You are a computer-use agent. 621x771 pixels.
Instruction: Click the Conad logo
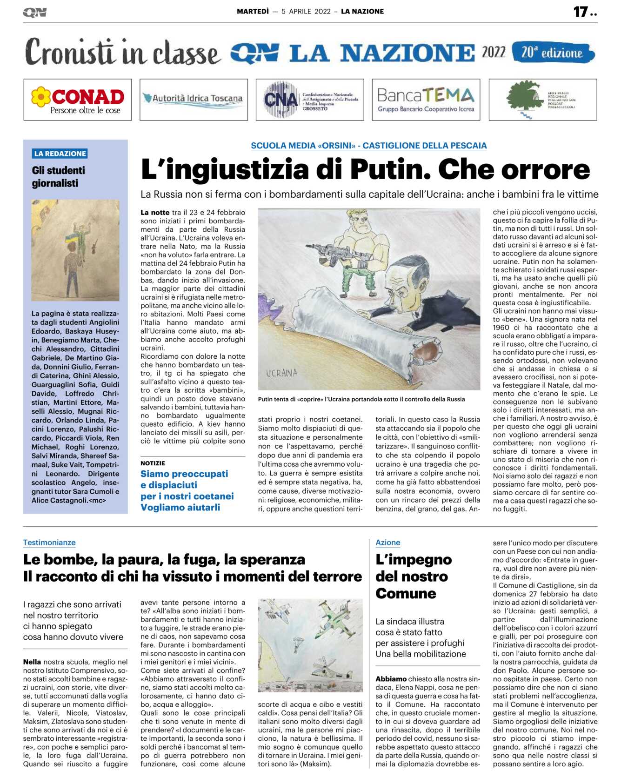click(78, 100)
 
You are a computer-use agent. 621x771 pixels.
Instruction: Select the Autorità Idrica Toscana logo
click(194, 99)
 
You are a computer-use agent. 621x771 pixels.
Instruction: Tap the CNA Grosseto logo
click(310, 100)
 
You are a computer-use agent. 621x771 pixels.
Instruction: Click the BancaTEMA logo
click(426, 100)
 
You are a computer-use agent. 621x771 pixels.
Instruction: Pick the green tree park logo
click(542, 100)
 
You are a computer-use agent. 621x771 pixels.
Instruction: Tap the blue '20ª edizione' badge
click(553, 53)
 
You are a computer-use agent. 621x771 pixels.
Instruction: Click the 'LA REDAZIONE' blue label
click(60, 154)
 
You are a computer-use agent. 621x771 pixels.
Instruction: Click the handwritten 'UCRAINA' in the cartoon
click(281, 373)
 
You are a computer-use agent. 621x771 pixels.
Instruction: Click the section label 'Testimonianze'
click(49, 543)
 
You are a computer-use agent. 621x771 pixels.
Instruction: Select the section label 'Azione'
click(388, 543)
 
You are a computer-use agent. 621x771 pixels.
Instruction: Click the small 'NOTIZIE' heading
click(153, 463)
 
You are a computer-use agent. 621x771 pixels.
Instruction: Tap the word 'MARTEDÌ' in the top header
click(253, 12)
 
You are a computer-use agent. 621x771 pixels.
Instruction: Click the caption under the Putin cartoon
click(361, 399)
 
